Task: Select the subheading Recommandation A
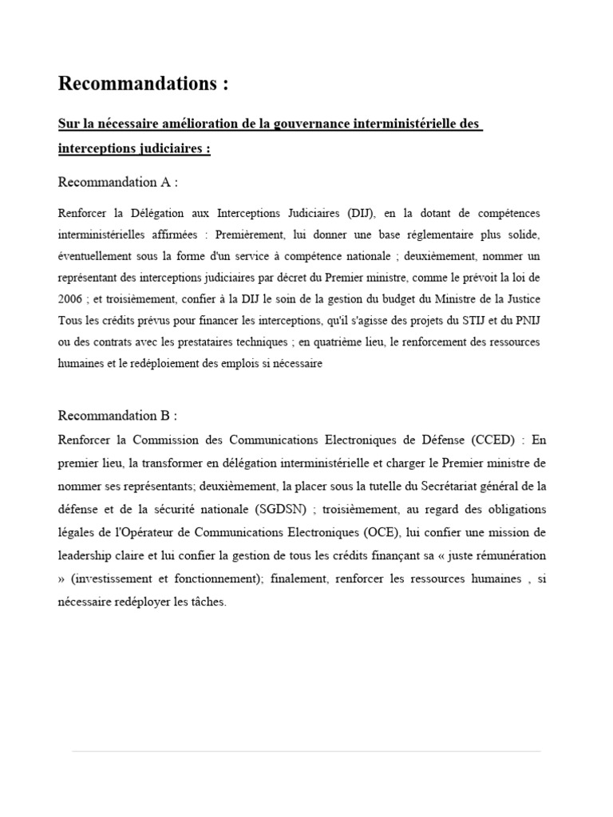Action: pyautogui.click(x=117, y=183)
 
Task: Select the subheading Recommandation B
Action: pyautogui.click(x=117, y=416)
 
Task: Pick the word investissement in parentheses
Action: pyautogui.click(x=112, y=579)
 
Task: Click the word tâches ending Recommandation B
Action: pyautogui.click(x=208, y=602)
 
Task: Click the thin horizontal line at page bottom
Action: pyautogui.click(x=306, y=751)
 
